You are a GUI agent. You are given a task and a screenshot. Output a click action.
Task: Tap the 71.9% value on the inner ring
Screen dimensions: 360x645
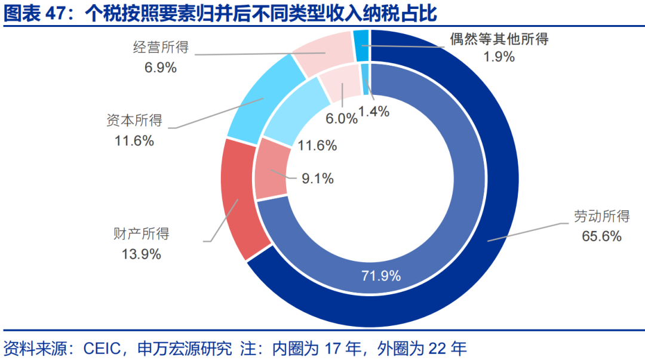coord(381,276)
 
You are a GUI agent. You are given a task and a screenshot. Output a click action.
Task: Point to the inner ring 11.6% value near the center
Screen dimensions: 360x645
coord(317,145)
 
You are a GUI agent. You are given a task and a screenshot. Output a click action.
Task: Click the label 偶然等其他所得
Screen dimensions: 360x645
coord(499,39)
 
